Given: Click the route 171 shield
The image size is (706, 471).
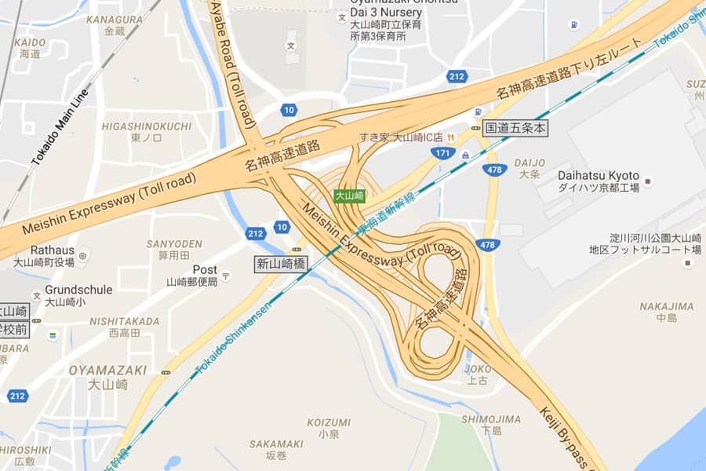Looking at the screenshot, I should [443, 152].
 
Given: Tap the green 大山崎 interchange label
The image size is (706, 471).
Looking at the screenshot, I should [349, 195].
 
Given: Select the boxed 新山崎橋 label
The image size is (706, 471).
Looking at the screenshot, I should [280, 264].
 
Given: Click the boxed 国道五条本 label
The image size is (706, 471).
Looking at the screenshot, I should [515, 127].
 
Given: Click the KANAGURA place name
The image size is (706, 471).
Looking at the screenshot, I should [115, 19].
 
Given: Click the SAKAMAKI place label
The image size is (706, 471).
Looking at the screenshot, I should [276, 444].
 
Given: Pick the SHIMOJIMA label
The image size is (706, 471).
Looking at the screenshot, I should [491, 419].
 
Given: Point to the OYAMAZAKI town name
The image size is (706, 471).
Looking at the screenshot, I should [107, 369].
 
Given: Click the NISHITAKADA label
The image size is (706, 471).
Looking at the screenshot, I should [124, 321].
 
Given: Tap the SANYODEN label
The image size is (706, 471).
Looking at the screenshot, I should [174, 244].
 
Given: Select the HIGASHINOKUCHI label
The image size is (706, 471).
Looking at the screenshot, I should [146, 126].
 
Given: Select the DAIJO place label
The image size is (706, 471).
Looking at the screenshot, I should [529, 162].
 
